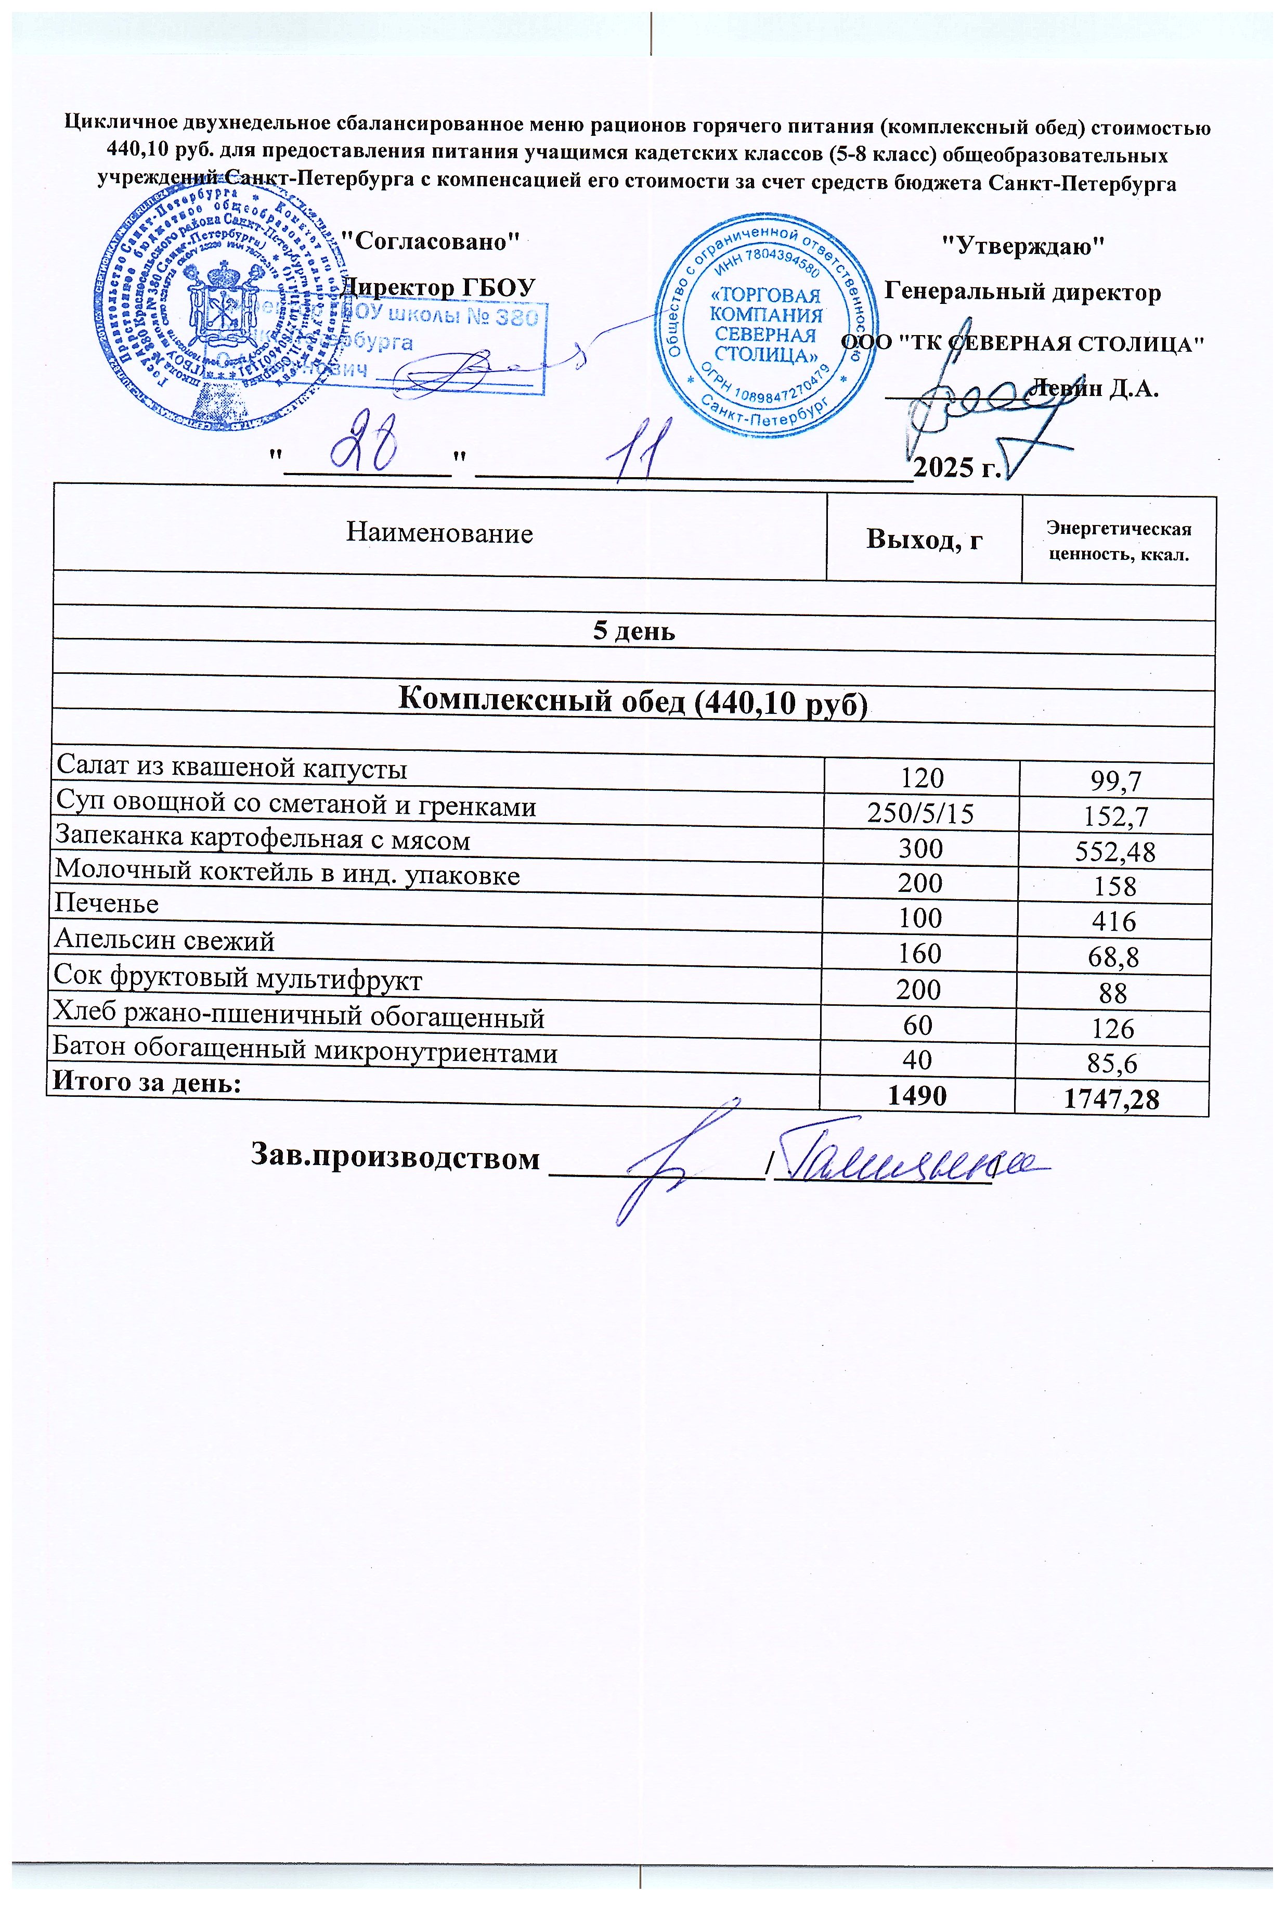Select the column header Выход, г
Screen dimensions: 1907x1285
tap(925, 539)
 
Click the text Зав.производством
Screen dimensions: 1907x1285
tap(395, 1158)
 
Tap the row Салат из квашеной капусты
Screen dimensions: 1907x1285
tap(230, 769)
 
